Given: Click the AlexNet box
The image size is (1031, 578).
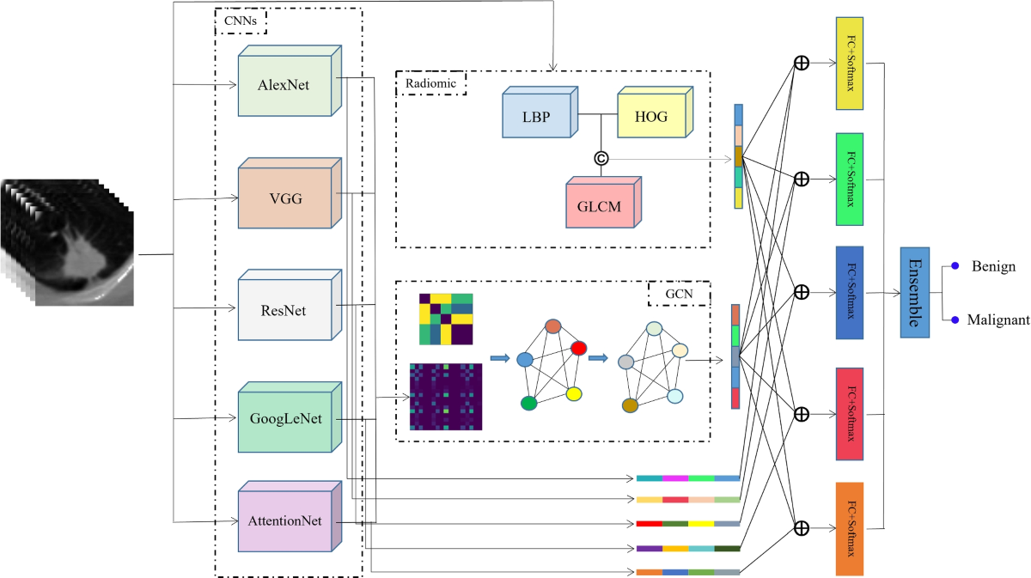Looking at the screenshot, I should click(x=284, y=85).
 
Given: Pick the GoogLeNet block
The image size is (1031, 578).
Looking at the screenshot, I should click(x=284, y=420).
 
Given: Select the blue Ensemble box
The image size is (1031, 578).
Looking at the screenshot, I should click(x=914, y=292).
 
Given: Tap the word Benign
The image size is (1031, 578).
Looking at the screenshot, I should click(x=993, y=266).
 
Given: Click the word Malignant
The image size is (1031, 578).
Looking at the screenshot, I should click(x=999, y=319).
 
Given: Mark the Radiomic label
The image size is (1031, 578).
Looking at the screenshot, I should click(x=430, y=82).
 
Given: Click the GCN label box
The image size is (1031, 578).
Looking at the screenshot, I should click(x=679, y=294).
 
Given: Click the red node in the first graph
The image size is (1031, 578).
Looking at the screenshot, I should click(x=578, y=348).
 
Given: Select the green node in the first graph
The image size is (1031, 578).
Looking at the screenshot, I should click(x=529, y=402).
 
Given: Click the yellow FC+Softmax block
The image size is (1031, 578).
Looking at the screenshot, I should click(x=849, y=63).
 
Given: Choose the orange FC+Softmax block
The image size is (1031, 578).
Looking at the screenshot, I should click(x=849, y=528).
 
